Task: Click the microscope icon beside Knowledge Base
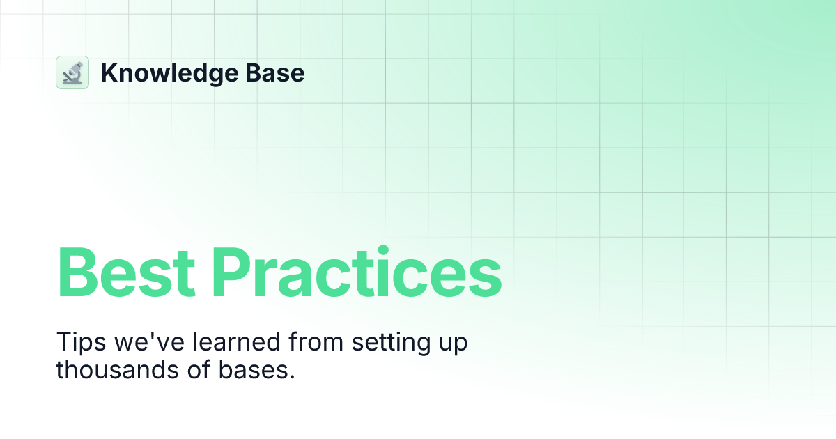coord(72,72)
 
